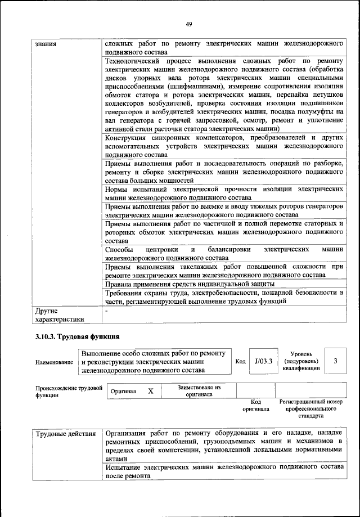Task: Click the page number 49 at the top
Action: point(188,23)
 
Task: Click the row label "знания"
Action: point(46,44)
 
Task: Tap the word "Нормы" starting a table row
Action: point(116,189)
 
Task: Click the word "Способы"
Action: point(119,249)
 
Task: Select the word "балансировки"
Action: point(229,249)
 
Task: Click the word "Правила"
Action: point(119,284)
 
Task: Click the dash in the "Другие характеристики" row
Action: point(106,310)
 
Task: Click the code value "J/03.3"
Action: point(263,362)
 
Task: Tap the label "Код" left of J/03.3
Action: point(240,362)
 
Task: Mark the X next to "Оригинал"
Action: point(150,390)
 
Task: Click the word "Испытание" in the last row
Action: point(124,467)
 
